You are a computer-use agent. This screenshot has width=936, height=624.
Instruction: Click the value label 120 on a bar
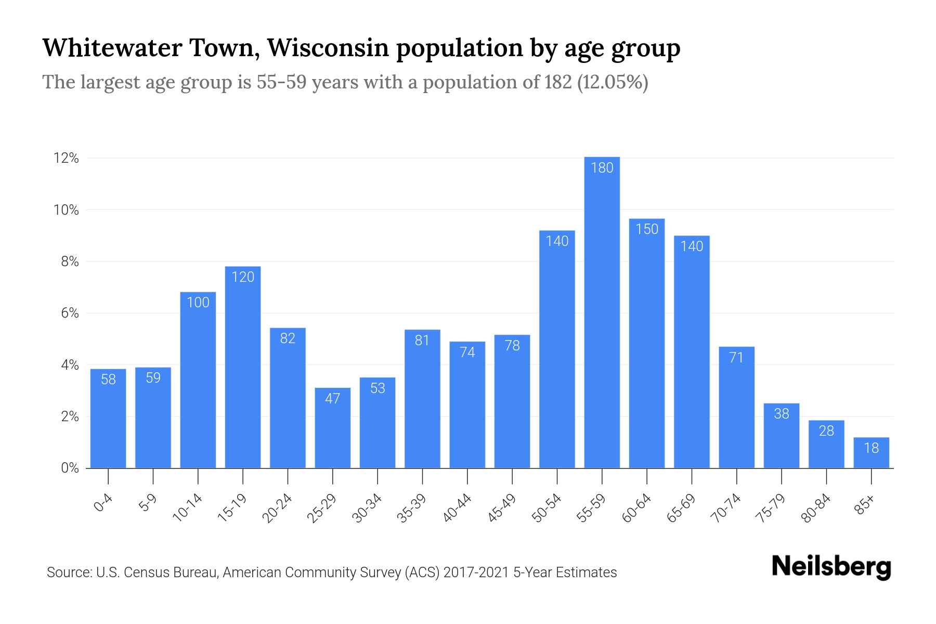click(x=243, y=277)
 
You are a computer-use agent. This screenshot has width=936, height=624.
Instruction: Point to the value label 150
click(x=647, y=229)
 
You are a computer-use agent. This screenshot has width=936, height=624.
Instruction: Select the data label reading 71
click(x=736, y=357)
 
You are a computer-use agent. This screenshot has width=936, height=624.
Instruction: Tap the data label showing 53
click(x=378, y=388)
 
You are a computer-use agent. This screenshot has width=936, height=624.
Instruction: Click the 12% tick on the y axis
click(x=66, y=158)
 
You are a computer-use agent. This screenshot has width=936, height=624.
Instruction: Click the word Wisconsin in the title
click(x=328, y=48)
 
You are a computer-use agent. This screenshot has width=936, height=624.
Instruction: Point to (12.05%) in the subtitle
click(x=613, y=82)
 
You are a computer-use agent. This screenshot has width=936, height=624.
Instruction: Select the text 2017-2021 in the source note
click(x=476, y=573)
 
